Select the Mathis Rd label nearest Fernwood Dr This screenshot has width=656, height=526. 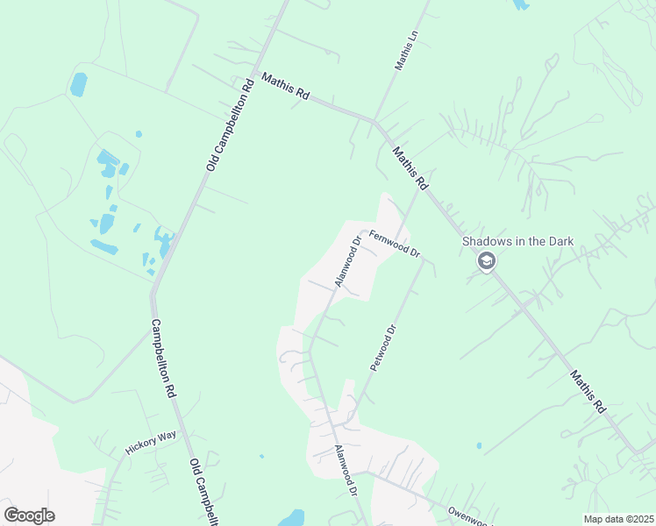[410, 168]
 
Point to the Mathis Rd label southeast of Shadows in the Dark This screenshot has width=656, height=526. [587, 391]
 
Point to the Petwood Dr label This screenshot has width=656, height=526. [384, 348]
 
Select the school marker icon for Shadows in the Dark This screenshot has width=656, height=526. [486, 261]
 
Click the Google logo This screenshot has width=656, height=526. [29, 515]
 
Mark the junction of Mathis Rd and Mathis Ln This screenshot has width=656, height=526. [374, 121]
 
